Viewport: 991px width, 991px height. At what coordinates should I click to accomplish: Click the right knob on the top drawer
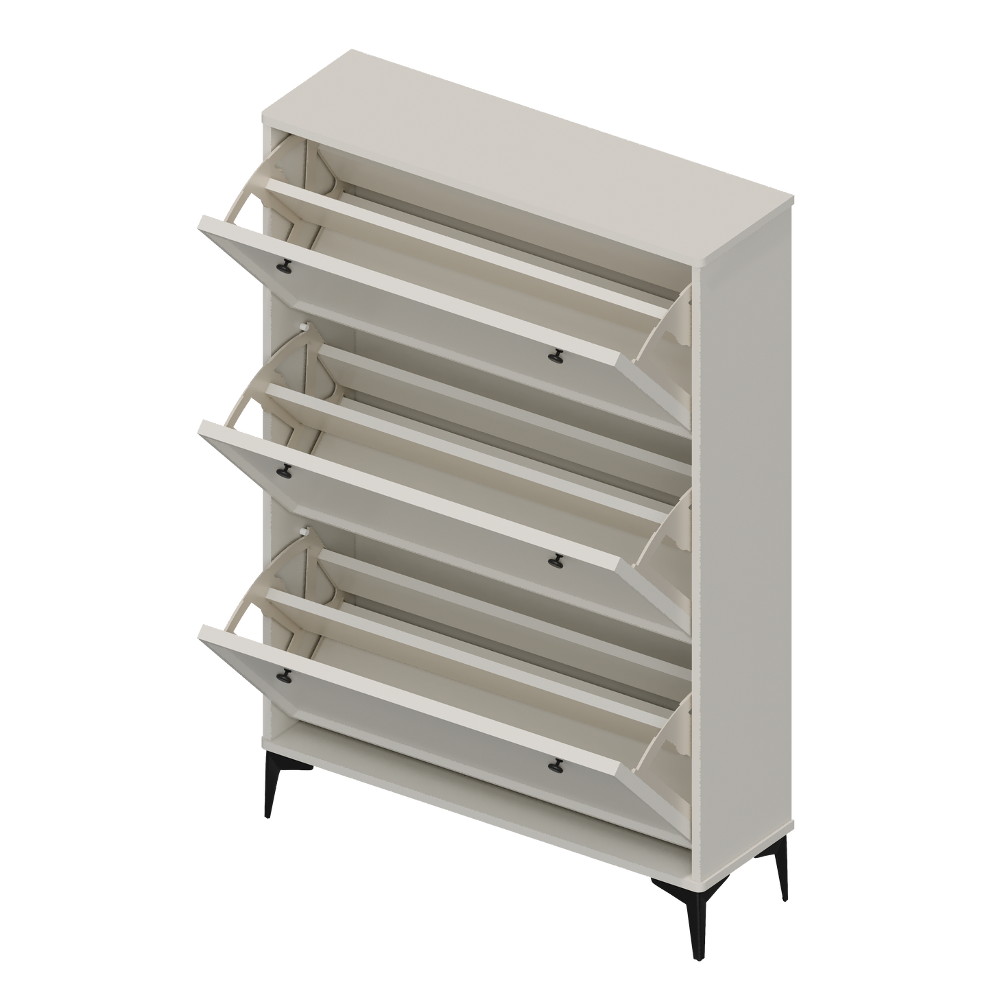click(555, 355)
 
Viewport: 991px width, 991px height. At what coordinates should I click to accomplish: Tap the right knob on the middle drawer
click(555, 560)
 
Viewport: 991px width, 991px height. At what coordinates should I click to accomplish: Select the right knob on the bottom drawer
click(555, 763)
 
